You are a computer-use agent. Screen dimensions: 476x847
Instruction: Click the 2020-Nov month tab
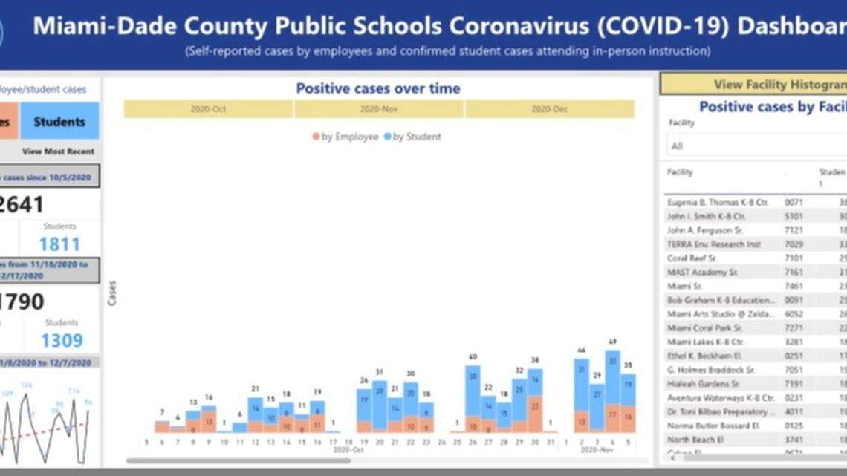pos(379,109)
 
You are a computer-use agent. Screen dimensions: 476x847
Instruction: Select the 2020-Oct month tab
pos(208,109)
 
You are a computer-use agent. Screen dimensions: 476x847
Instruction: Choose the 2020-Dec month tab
pos(550,109)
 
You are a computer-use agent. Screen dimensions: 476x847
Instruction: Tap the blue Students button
pos(59,121)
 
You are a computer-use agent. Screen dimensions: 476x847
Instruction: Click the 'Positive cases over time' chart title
pos(378,88)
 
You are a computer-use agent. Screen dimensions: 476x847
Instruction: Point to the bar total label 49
pos(612,342)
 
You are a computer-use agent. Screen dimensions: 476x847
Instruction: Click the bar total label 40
pos(473,357)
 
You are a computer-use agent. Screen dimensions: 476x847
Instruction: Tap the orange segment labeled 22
pos(534,407)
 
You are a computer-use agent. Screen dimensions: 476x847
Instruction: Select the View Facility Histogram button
pos(773,84)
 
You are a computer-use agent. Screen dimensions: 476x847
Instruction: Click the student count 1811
pos(59,244)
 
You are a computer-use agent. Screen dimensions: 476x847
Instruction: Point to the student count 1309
pos(61,340)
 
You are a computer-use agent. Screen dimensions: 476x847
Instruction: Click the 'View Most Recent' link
pos(58,151)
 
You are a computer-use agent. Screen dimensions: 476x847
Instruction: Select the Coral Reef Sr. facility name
pos(692,258)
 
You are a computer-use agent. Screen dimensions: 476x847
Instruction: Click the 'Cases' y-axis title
pos(112,293)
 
